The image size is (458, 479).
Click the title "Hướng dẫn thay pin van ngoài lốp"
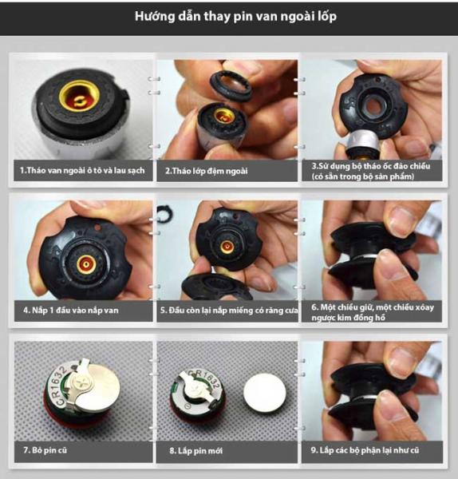235,17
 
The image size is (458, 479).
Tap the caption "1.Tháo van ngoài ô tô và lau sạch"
82,171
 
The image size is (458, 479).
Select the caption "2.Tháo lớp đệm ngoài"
207,171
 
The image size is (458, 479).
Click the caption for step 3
371,171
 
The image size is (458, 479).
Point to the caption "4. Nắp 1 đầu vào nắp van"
70,311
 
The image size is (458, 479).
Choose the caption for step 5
229,311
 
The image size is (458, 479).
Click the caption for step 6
373,312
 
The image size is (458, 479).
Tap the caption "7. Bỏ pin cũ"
45,450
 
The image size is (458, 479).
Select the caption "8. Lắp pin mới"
196,450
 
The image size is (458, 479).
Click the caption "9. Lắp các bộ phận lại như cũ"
365,450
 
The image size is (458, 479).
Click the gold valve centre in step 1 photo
80,96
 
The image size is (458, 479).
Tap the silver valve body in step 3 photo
363,142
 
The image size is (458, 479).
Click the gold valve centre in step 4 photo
86,264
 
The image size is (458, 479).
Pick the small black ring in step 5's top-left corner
165,212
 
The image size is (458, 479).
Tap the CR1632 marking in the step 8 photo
206,379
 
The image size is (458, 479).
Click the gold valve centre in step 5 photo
227,246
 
